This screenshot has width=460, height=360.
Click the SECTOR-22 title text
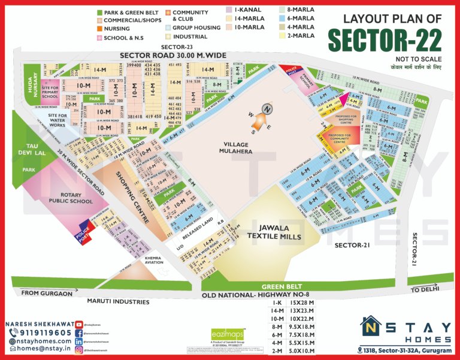point(385,41)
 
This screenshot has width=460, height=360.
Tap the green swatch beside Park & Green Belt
point(99,12)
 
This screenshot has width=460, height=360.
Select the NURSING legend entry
point(117,29)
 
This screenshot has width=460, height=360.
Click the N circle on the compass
point(267,109)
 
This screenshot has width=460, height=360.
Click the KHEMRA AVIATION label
point(154,260)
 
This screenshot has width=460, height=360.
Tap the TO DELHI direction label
point(426,289)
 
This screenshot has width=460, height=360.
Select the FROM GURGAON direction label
point(47,293)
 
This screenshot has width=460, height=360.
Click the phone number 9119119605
point(41,332)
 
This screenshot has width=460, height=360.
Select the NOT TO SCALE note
point(418,59)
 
